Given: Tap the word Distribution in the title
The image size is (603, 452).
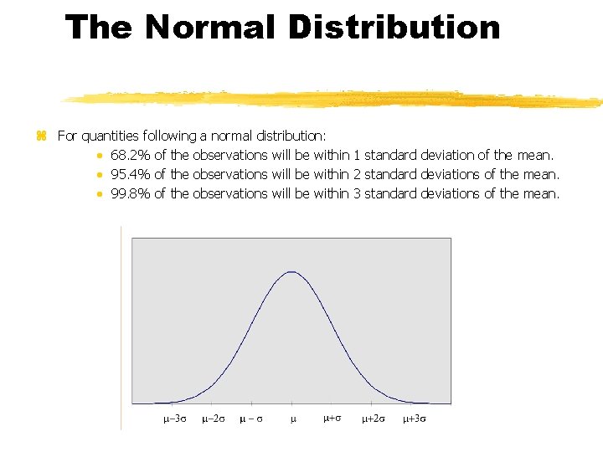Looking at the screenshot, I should coord(394,28).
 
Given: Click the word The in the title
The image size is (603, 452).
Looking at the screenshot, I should coord(100,28).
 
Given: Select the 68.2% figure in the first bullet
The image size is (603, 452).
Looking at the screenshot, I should coord(128,155).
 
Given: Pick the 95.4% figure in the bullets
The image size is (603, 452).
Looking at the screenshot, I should coord(128,174).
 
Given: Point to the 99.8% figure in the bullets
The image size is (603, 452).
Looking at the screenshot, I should coord(128,193).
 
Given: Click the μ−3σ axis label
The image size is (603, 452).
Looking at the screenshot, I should coord(174,419).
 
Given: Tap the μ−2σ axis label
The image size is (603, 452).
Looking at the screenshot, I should coord(213,419).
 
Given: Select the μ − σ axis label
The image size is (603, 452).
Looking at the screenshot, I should coord(250,419).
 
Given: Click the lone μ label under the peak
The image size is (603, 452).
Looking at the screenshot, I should coord(293,419).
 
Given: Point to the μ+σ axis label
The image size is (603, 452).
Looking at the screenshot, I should coord(332,418).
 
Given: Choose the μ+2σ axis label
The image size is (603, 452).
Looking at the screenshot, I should coord(374,419).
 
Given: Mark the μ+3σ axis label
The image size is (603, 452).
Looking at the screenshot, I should coord(414,419).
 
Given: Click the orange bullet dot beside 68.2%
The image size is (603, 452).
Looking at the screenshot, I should coord(99,156).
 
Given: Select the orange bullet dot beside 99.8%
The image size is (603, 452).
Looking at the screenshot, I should coord(99,194).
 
